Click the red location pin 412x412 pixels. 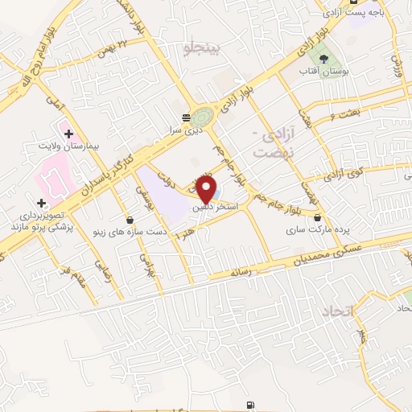208,189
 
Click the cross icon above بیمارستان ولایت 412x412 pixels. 68,134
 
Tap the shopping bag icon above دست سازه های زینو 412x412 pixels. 130,219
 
